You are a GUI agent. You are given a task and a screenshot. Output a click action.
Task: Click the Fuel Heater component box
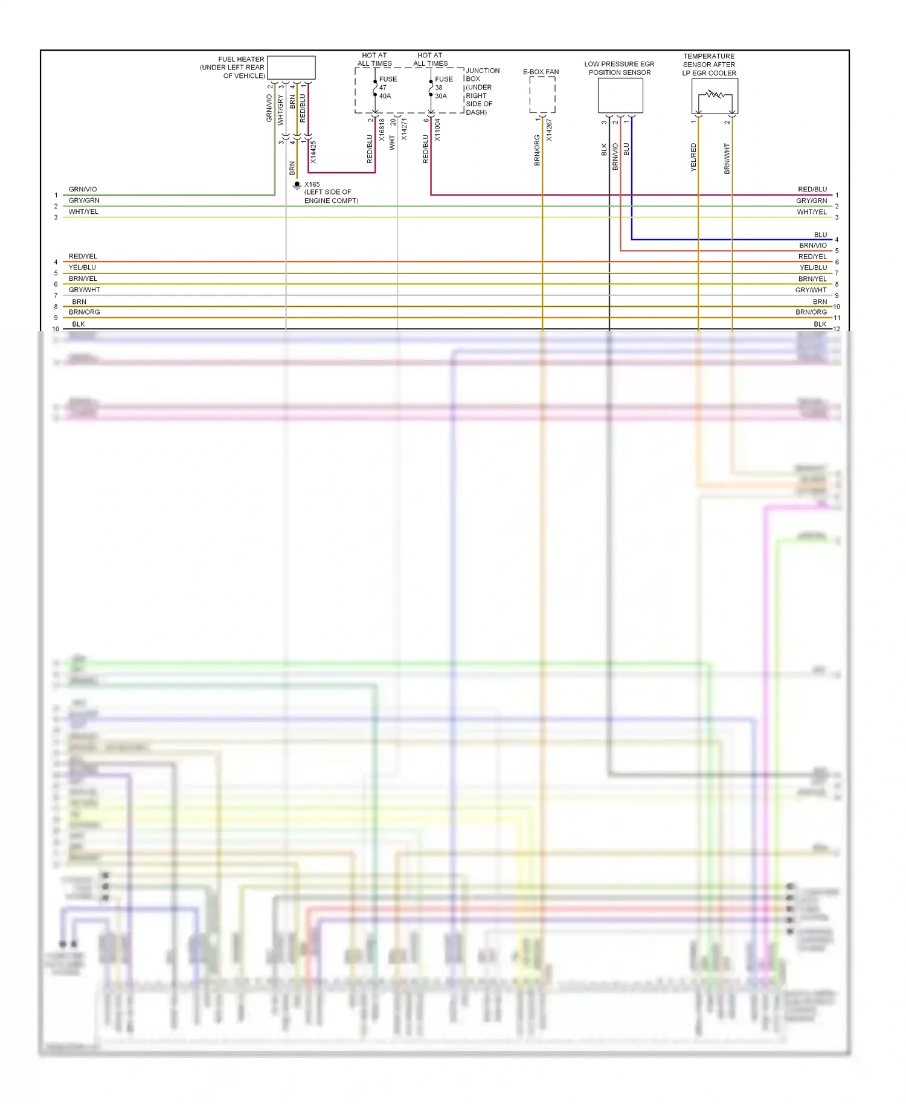tap(291, 68)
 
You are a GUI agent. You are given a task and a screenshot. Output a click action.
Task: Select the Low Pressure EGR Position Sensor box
tap(620, 95)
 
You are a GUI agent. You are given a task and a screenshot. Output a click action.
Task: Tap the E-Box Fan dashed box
tap(542, 95)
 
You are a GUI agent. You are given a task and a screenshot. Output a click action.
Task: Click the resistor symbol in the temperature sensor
tap(715, 95)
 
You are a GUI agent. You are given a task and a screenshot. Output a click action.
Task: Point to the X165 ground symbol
tap(297, 185)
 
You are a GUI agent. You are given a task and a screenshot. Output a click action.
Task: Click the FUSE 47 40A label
tap(387, 88)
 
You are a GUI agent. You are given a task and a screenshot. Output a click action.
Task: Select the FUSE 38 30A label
tap(443, 88)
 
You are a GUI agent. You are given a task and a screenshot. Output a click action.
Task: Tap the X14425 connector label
tap(313, 152)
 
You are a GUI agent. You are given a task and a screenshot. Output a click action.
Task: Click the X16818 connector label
tap(382, 130)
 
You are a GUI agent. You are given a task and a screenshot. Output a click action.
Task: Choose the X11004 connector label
tap(437, 130)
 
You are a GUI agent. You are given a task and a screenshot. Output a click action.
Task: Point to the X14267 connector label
tap(549, 130)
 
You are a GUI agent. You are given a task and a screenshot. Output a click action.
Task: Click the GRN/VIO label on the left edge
tap(83, 189)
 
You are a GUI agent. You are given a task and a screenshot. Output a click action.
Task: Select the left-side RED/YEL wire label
tap(83, 256)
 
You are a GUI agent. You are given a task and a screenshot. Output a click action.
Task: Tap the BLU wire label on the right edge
tap(820, 234)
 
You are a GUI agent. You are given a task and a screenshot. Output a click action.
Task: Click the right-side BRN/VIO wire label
tap(812, 245)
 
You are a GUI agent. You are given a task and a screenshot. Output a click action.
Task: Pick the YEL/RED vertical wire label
tap(693, 157)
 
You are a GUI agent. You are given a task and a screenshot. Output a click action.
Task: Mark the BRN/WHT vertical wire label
tap(727, 158)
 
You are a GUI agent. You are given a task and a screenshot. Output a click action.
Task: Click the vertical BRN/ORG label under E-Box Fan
tap(537, 150)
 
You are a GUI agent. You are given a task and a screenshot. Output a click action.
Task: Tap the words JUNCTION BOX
tap(482, 74)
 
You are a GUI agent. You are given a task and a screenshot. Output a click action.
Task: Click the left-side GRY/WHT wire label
tap(85, 290)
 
